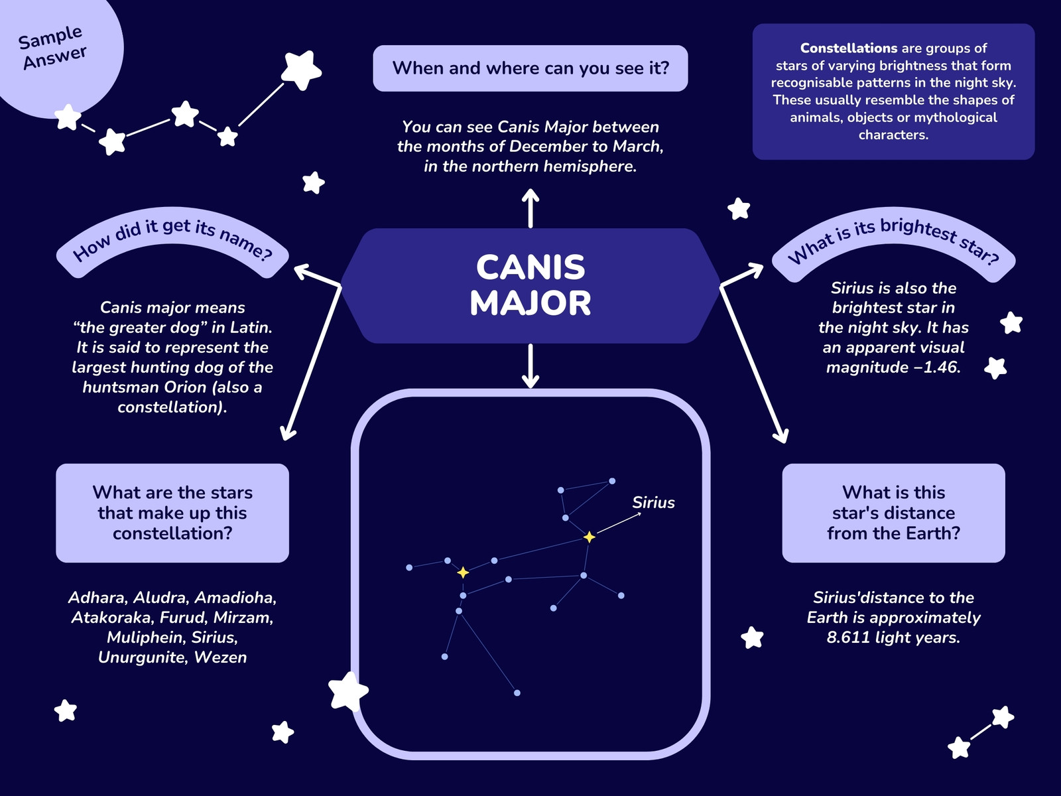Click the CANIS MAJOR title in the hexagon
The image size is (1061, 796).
tap(530, 285)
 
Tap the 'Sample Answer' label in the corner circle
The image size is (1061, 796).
tap(52, 47)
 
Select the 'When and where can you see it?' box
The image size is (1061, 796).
tap(530, 68)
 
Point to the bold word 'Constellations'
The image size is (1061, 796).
tap(849, 48)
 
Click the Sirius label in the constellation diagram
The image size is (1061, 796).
tap(653, 503)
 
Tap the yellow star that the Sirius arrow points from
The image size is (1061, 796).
tap(590, 537)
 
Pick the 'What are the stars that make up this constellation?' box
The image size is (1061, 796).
tap(172, 513)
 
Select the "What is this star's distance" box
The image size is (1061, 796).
tap(893, 513)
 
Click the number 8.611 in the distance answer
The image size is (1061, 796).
tap(848, 637)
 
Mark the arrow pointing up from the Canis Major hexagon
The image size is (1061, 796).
tap(530, 208)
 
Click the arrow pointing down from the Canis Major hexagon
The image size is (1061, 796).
tap(530, 366)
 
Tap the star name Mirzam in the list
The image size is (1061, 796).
tap(243, 618)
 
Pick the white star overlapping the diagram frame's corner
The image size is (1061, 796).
tap(348, 692)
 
